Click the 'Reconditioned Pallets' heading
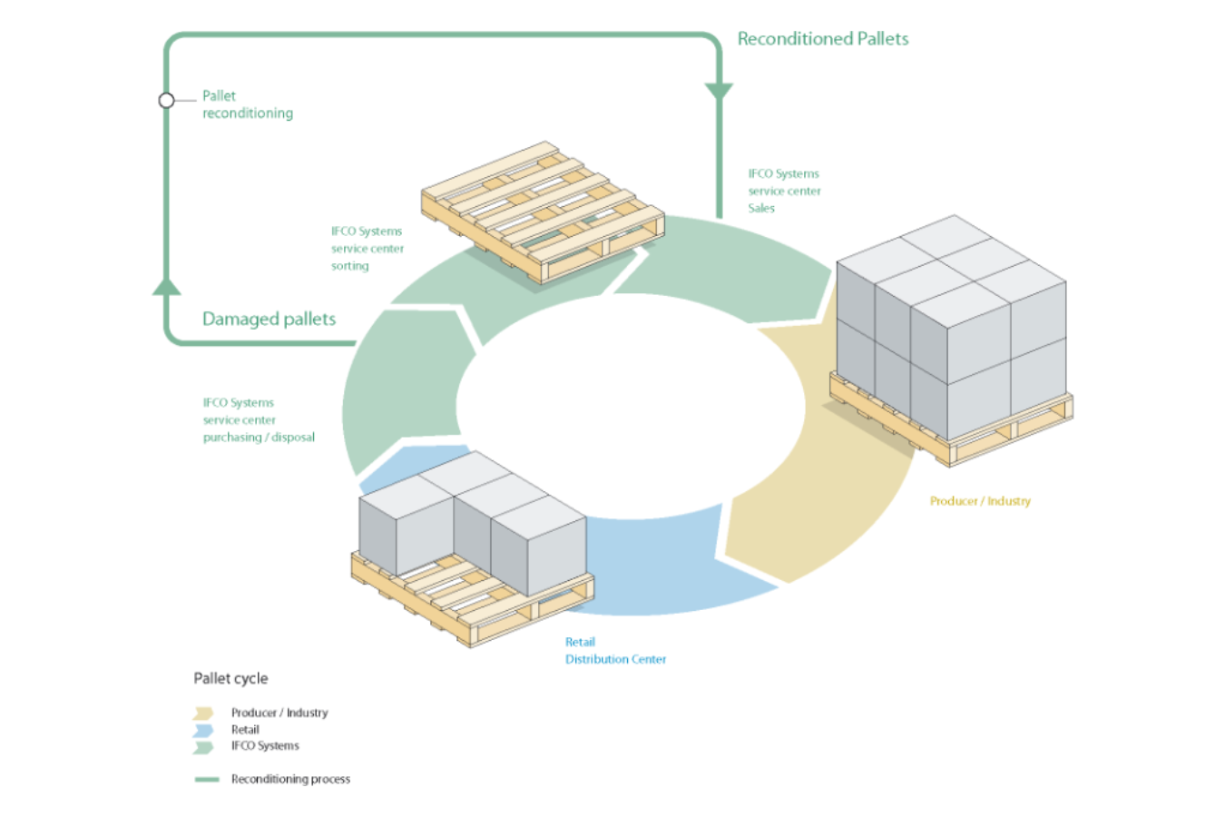click(822, 39)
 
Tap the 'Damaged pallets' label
click(269, 319)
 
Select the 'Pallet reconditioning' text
click(247, 104)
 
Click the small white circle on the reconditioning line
click(166, 101)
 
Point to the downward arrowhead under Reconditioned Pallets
click(719, 92)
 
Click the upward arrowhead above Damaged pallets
click(167, 287)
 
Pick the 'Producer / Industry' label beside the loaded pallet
click(980, 501)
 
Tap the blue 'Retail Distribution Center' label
click(615, 651)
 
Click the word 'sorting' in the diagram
click(349, 266)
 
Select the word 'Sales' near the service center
click(761, 208)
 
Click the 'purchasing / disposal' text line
click(259, 438)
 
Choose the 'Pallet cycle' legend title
click(230, 678)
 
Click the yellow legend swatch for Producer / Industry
click(203, 714)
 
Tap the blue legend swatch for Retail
click(203, 730)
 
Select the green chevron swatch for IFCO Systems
click(203, 747)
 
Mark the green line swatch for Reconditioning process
click(207, 780)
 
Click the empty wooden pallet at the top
click(543, 211)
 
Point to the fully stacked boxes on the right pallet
click(951, 327)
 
